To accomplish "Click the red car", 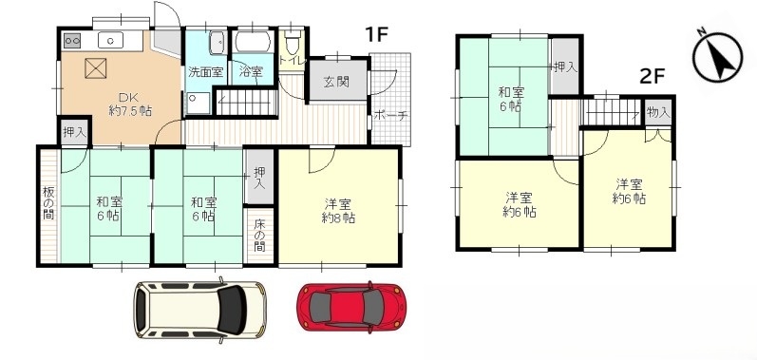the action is pyautogui.click(x=350, y=308).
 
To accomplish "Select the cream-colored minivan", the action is pyautogui.click(x=199, y=309).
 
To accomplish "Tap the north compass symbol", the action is pyautogui.click(x=717, y=56).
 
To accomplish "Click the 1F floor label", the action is pyautogui.click(x=376, y=34).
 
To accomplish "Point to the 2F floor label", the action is pyautogui.click(x=653, y=77).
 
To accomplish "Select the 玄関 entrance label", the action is pyautogui.click(x=336, y=82).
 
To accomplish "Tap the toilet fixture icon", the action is pyautogui.click(x=293, y=44).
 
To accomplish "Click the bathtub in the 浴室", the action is pyautogui.click(x=255, y=42).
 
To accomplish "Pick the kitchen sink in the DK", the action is pyautogui.click(x=110, y=41).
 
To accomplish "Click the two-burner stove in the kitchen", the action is pyautogui.click(x=72, y=41).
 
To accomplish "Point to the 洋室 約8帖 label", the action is pyautogui.click(x=339, y=211).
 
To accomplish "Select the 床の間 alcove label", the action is pyautogui.click(x=259, y=236).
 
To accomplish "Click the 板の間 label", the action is pyautogui.click(x=47, y=202).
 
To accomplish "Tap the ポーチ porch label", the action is pyautogui.click(x=390, y=116).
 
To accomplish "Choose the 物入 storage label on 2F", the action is pyautogui.click(x=658, y=113).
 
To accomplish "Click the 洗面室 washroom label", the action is pyautogui.click(x=206, y=72).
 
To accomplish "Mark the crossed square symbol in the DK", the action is pyautogui.click(x=95, y=68).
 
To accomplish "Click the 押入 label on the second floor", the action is pyautogui.click(x=565, y=67).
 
